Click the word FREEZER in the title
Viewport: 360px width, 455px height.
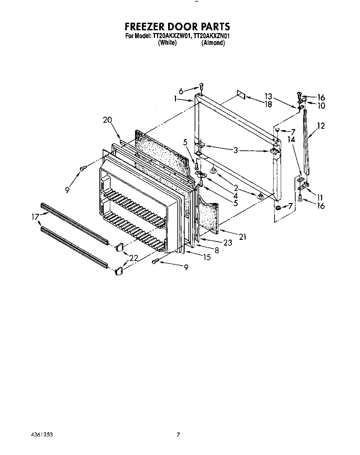point(146,27)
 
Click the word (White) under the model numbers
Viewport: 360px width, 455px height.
point(167,43)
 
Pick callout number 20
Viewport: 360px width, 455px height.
point(107,120)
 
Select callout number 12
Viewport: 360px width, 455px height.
point(321,126)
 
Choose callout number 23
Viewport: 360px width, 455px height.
point(228,243)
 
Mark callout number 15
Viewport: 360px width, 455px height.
point(207,257)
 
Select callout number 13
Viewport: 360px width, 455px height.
point(268,97)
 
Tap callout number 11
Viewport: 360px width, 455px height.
point(320,198)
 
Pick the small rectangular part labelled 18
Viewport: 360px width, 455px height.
point(241,95)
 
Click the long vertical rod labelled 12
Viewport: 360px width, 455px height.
point(306,145)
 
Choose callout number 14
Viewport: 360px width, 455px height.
point(291,140)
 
